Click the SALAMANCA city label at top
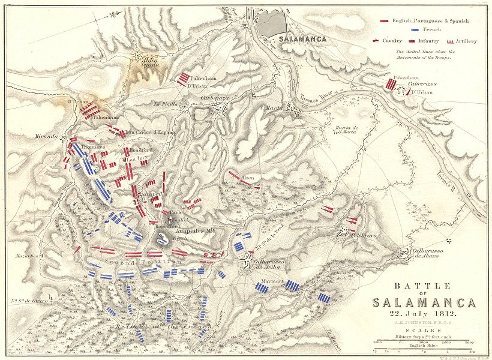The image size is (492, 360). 302,39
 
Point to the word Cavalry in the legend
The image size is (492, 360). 394,41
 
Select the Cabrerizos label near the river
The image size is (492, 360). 418,85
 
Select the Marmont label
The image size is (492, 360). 272,278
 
